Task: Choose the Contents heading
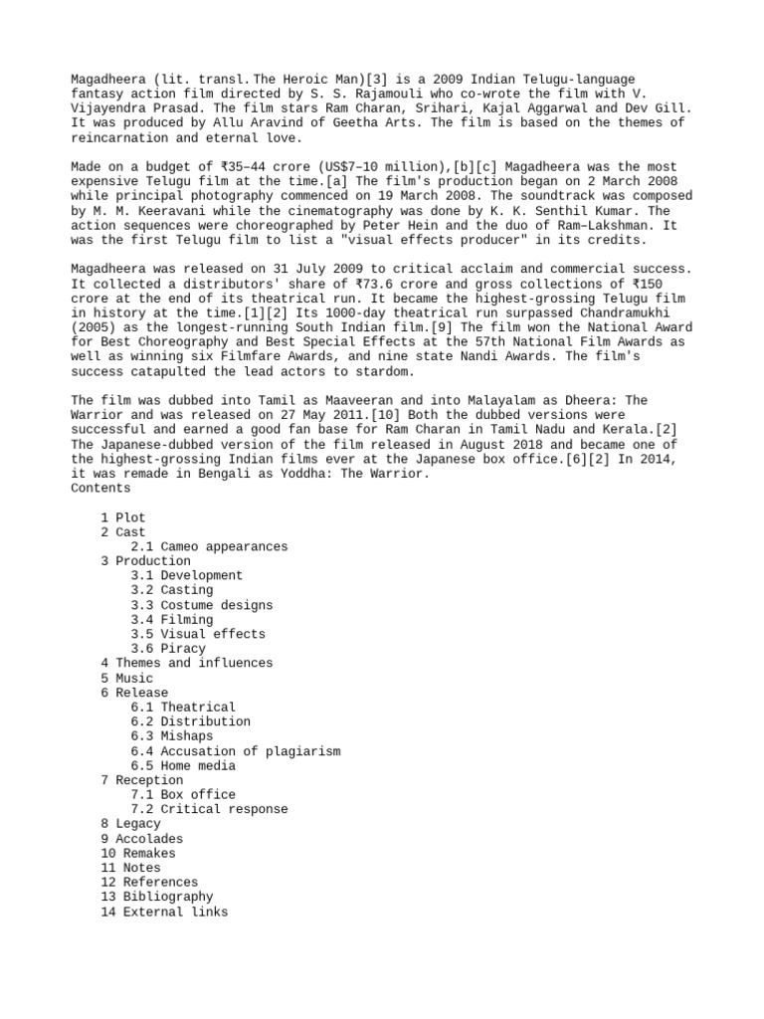pos(100,489)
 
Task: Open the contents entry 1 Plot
pos(123,517)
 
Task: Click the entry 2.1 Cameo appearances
pos(209,546)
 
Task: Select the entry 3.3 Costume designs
pos(202,605)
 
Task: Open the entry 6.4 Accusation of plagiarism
pos(235,751)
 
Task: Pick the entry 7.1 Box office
pos(183,795)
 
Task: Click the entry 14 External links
pos(164,912)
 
